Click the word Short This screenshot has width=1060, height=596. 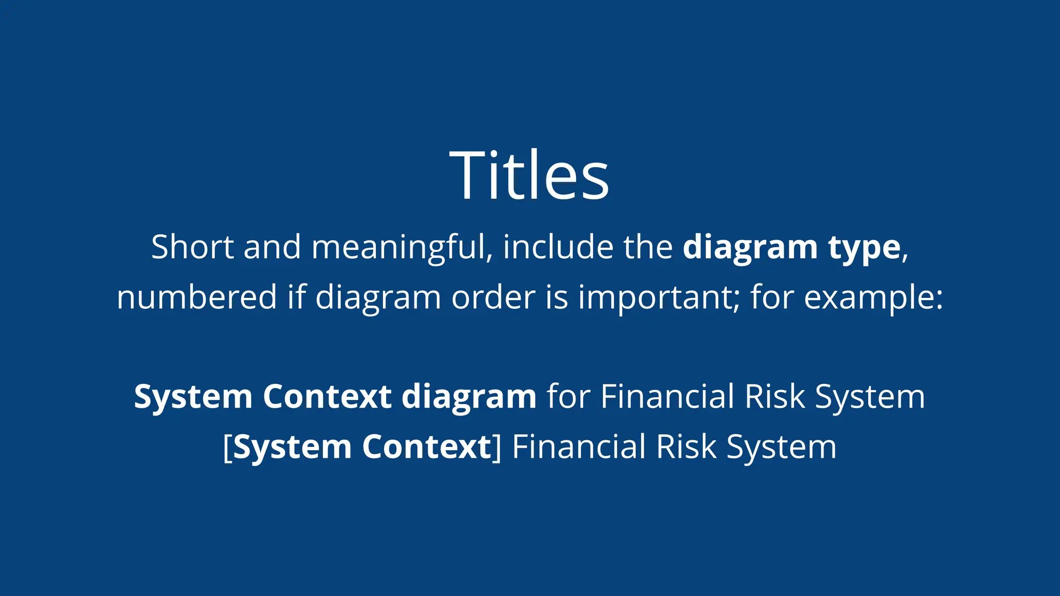(x=193, y=247)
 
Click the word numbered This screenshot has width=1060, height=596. (x=197, y=297)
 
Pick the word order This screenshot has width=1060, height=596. (x=493, y=297)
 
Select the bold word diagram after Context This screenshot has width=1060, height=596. (x=469, y=397)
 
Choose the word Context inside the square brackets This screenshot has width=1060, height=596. (x=426, y=446)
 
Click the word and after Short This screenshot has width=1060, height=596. (x=272, y=247)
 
